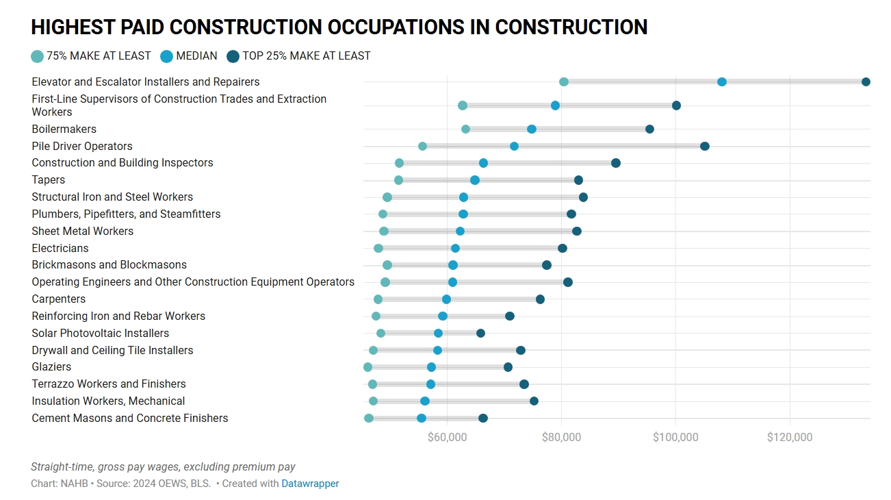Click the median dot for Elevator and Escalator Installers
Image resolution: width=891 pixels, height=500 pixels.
(722, 82)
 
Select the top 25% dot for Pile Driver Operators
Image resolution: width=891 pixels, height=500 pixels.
(705, 146)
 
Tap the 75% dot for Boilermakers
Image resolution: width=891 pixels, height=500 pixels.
(465, 129)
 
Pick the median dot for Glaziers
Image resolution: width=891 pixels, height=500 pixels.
(431, 367)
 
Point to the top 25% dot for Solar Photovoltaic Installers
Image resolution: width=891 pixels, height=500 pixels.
(480, 333)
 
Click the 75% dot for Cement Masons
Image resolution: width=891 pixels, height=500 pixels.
(369, 418)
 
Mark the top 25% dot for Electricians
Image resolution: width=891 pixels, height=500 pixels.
(563, 248)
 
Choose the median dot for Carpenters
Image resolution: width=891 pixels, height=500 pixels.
(446, 299)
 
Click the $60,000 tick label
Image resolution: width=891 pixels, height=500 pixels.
(447, 437)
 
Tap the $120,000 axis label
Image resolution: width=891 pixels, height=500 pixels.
(790, 437)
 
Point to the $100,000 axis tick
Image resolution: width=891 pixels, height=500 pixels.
(675, 437)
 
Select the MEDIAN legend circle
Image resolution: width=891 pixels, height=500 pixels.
(166, 56)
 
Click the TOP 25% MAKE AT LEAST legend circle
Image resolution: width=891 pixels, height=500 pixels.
(233, 56)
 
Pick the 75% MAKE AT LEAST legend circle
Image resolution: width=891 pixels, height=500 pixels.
(38, 56)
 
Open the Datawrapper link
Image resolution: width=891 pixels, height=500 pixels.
(310, 484)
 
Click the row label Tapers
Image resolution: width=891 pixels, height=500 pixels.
(49, 179)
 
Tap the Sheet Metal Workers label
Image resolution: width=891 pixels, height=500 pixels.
(83, 231)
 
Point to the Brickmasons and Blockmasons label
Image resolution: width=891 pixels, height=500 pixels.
(109, 264)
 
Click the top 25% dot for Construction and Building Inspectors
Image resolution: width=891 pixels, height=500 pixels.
(616, 163)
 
